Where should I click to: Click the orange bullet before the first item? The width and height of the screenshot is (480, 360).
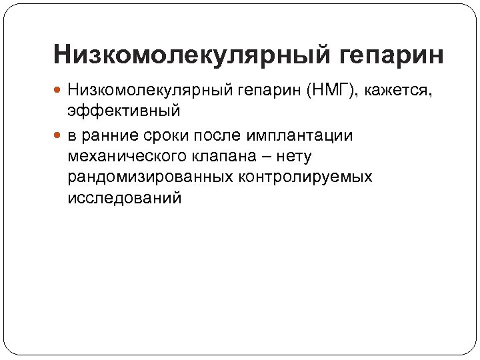click(59, 89)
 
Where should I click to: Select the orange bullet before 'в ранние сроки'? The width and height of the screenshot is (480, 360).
click(59, 136)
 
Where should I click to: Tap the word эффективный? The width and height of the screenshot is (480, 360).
click(123, 110)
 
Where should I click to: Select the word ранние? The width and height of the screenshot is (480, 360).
click(110, 136)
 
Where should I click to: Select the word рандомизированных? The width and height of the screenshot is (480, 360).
click(151, 177)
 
